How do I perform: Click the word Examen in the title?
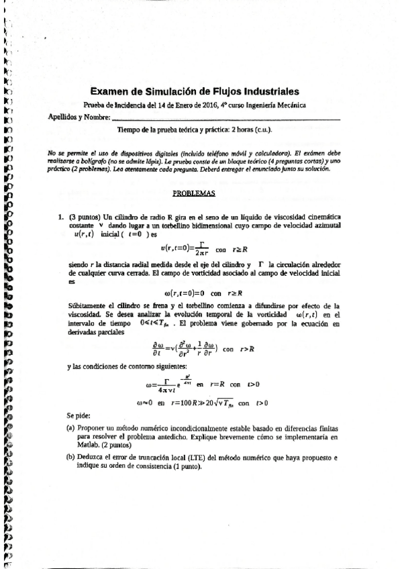click(110, 92)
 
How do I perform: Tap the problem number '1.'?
click(62, 217)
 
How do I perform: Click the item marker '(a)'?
click(70, 427)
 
